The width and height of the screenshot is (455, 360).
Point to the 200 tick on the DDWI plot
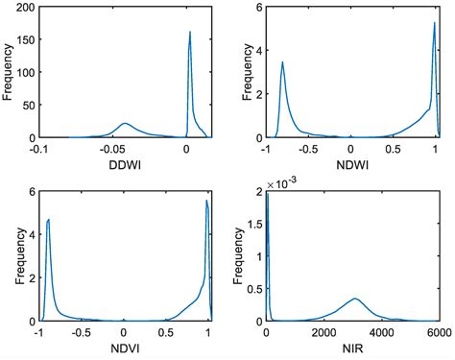point(26,8)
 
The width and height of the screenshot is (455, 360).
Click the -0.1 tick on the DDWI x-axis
point(38,149)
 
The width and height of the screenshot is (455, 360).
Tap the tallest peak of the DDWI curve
point(189,33)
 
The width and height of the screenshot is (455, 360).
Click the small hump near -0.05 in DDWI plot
point(125,123)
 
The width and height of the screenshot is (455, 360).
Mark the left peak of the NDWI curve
point(282,62)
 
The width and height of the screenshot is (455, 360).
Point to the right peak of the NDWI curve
point(434,22)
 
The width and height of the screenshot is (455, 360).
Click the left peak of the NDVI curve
point(48,220)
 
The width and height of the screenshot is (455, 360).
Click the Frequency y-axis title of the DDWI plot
point(10,72)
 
